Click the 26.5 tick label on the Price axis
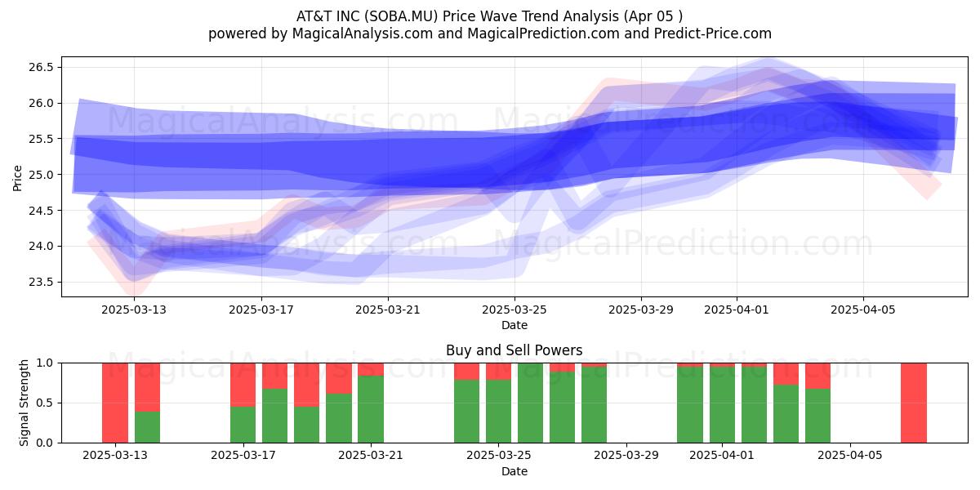pos(41,67)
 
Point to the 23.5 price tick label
pos(41,283)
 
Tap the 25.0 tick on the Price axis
pos(41,175)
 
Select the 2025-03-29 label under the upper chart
pos(641,310)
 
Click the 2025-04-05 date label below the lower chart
pos(850,456)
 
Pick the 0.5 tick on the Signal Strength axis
pos(45,403)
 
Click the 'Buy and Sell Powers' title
pos(514,350)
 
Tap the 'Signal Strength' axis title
pos(24,403)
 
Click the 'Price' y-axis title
pos(17,178)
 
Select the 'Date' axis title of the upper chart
pos(514,326)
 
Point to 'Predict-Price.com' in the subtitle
pos(713,33)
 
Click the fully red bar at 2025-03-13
pos(115,403)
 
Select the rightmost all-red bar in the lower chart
pos(914,403)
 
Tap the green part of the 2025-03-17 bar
pos(243,425)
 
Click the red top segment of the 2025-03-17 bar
pos(243,385)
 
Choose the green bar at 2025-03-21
pos(371,409)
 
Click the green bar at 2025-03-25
pos(498,412)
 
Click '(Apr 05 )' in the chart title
pos(653,16)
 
